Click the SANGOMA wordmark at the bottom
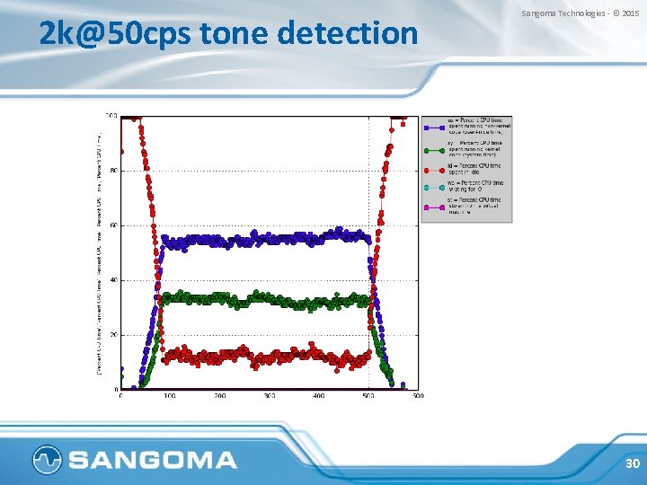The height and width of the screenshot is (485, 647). coord(153,461)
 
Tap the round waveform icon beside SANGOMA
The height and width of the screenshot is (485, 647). coord(47,461)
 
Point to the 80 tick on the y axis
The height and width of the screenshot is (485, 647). coord(112,171)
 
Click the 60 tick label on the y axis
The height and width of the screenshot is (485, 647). coord(112,225)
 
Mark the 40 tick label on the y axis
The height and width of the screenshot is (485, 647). coord(112,280)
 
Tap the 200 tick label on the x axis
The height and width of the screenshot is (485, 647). coord(220,395)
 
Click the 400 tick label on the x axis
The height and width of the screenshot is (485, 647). coord(319,395)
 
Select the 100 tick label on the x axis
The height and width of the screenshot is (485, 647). coord(171,395)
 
